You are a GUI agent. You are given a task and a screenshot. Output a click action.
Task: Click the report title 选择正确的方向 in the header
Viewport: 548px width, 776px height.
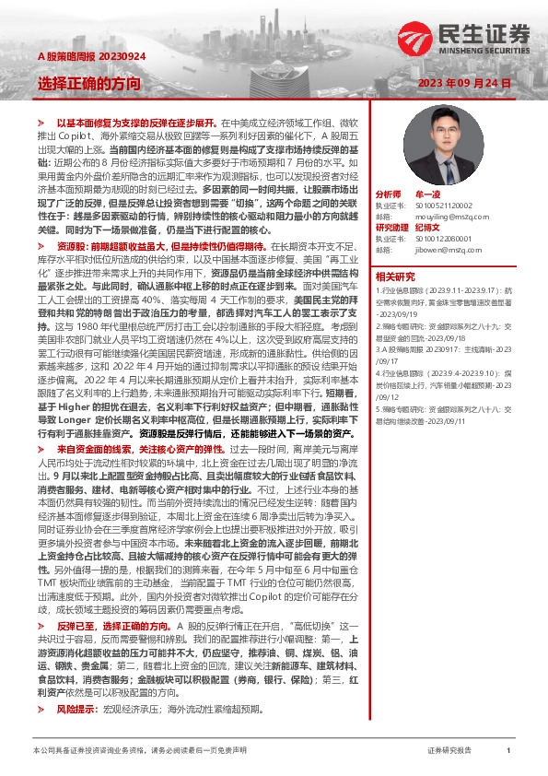pyautogui.click(x=89, y=83)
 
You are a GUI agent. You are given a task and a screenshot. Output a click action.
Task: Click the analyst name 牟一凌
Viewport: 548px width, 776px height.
pyautogui.click(x=432, y=195)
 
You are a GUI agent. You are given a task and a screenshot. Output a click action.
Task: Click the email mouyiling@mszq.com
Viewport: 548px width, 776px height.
pyautogui.click(x=442, y=216)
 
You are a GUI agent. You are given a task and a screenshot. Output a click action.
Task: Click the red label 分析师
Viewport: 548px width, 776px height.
pyautogui.click(x=389, y=195)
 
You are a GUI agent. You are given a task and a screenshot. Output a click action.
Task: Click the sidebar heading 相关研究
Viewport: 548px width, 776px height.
pyautogui.click(x=395, y=276)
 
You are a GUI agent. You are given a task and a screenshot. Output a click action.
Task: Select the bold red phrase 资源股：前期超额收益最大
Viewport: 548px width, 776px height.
pyautogui.click(x=118, y=248)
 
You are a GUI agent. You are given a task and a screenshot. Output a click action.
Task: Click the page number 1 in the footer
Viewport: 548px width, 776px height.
pyautogui.click(x=509, y=751)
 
